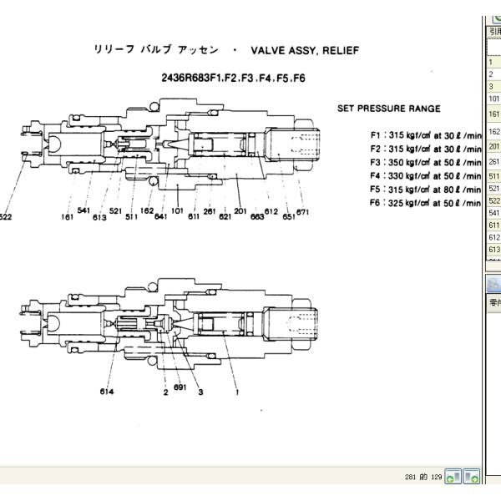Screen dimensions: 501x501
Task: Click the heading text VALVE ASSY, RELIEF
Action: (x=305, y=51)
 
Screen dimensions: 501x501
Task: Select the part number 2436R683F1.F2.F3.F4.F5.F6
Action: (x=233, y=78)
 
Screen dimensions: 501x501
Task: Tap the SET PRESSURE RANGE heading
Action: (x=388, y=109)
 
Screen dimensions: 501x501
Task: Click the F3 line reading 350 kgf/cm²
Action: (x=426, y=162)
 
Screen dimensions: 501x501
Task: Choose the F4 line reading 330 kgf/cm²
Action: (x=426, y=175)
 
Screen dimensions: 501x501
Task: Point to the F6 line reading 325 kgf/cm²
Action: (x=426, y=203)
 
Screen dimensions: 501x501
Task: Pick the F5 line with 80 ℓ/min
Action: (x=426, y=190)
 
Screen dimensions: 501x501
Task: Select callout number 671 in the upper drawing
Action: (x=302, y=212)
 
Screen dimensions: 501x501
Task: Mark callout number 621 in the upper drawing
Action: (x=225, y=217)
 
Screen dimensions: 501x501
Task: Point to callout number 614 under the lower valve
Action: (x=107, y=392)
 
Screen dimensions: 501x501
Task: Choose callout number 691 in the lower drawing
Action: (x=180, y=387)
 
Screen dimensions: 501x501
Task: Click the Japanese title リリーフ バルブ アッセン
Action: (x=156, y=51)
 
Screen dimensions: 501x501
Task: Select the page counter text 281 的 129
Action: (x=423, y=477)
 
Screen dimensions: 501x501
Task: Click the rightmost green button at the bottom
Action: (x=471, y=477)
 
